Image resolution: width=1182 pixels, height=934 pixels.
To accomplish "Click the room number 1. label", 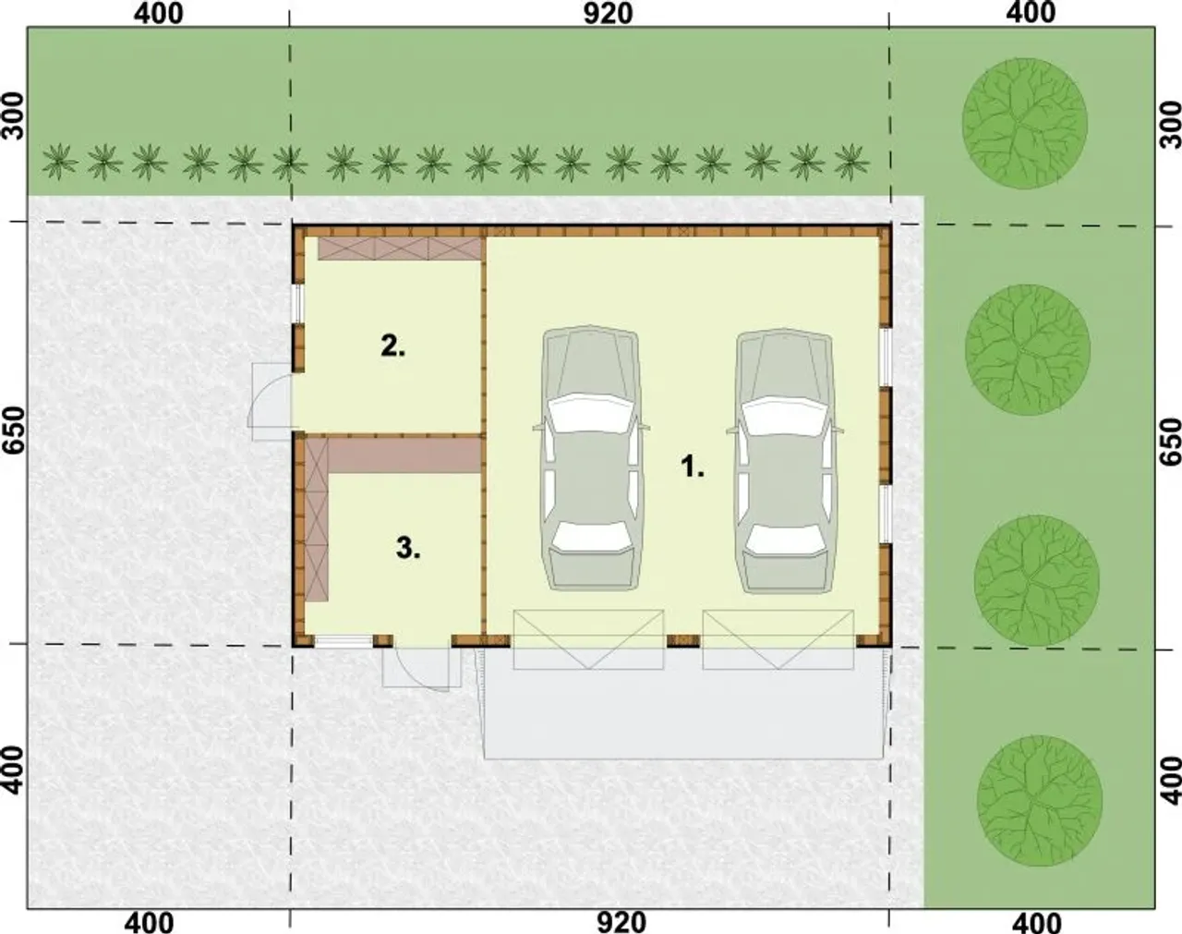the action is click(693, 467).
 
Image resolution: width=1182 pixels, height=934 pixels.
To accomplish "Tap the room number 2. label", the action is click(393, 346).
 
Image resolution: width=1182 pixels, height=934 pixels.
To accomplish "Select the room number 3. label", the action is click(409, 548).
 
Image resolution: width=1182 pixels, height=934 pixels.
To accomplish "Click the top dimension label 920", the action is click(608, 14).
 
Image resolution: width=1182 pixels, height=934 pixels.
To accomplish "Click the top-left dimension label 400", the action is click(159, 14).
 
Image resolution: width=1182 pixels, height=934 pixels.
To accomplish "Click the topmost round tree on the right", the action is click(1025, 124).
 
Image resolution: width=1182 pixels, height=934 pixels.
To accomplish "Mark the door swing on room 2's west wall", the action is click(271, 402).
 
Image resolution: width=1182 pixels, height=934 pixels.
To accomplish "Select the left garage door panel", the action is click(588, 639).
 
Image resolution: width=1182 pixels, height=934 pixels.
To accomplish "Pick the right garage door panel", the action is click(778, 639).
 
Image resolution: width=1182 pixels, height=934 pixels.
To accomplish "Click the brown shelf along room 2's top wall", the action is click(399, 249).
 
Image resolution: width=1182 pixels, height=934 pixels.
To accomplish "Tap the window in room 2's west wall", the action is click(297, 304).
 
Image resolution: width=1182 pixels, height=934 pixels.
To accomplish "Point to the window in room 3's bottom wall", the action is click(344, 641).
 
